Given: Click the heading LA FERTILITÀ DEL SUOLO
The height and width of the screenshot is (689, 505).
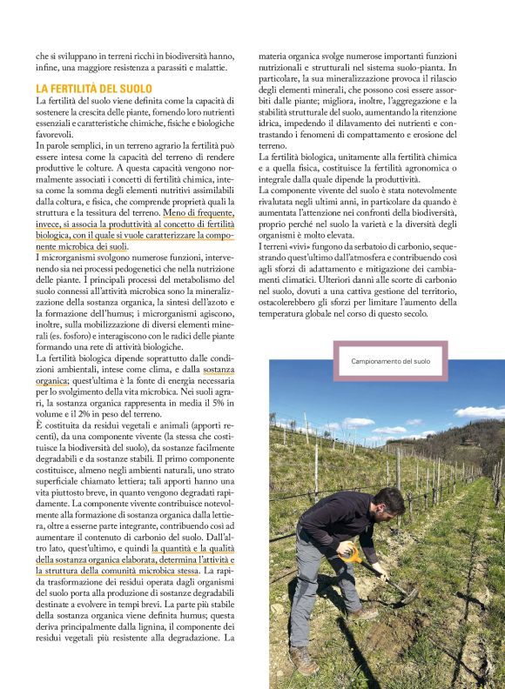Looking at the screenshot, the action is (93, 89).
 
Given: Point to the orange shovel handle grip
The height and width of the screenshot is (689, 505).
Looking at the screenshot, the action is (349, 551).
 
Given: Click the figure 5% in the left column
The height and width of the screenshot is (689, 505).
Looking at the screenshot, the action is (220, 404).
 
